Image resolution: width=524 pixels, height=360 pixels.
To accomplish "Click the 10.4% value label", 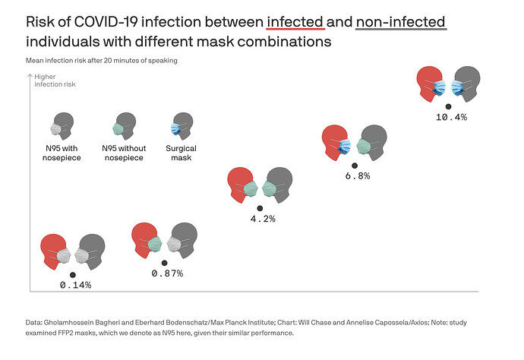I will click(x=451, y=118).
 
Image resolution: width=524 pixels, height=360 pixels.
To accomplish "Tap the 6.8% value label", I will click(x=357, y=175).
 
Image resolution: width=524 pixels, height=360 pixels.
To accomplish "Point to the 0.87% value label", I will click(x=166, y=273).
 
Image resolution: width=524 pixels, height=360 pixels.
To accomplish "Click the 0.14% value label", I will click(x=75, y=286).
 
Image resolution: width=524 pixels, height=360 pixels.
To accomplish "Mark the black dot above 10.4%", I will click(x=449, y=106).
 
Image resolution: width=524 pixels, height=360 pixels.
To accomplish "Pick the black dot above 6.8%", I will click(x=355, y=164).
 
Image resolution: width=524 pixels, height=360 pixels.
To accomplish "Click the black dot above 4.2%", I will click(x=260, y=207).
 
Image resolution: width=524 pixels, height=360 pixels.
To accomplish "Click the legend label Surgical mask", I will click(x=182, y=153).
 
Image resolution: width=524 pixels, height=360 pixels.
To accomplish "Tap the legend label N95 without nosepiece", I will click(x=122, y=153).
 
